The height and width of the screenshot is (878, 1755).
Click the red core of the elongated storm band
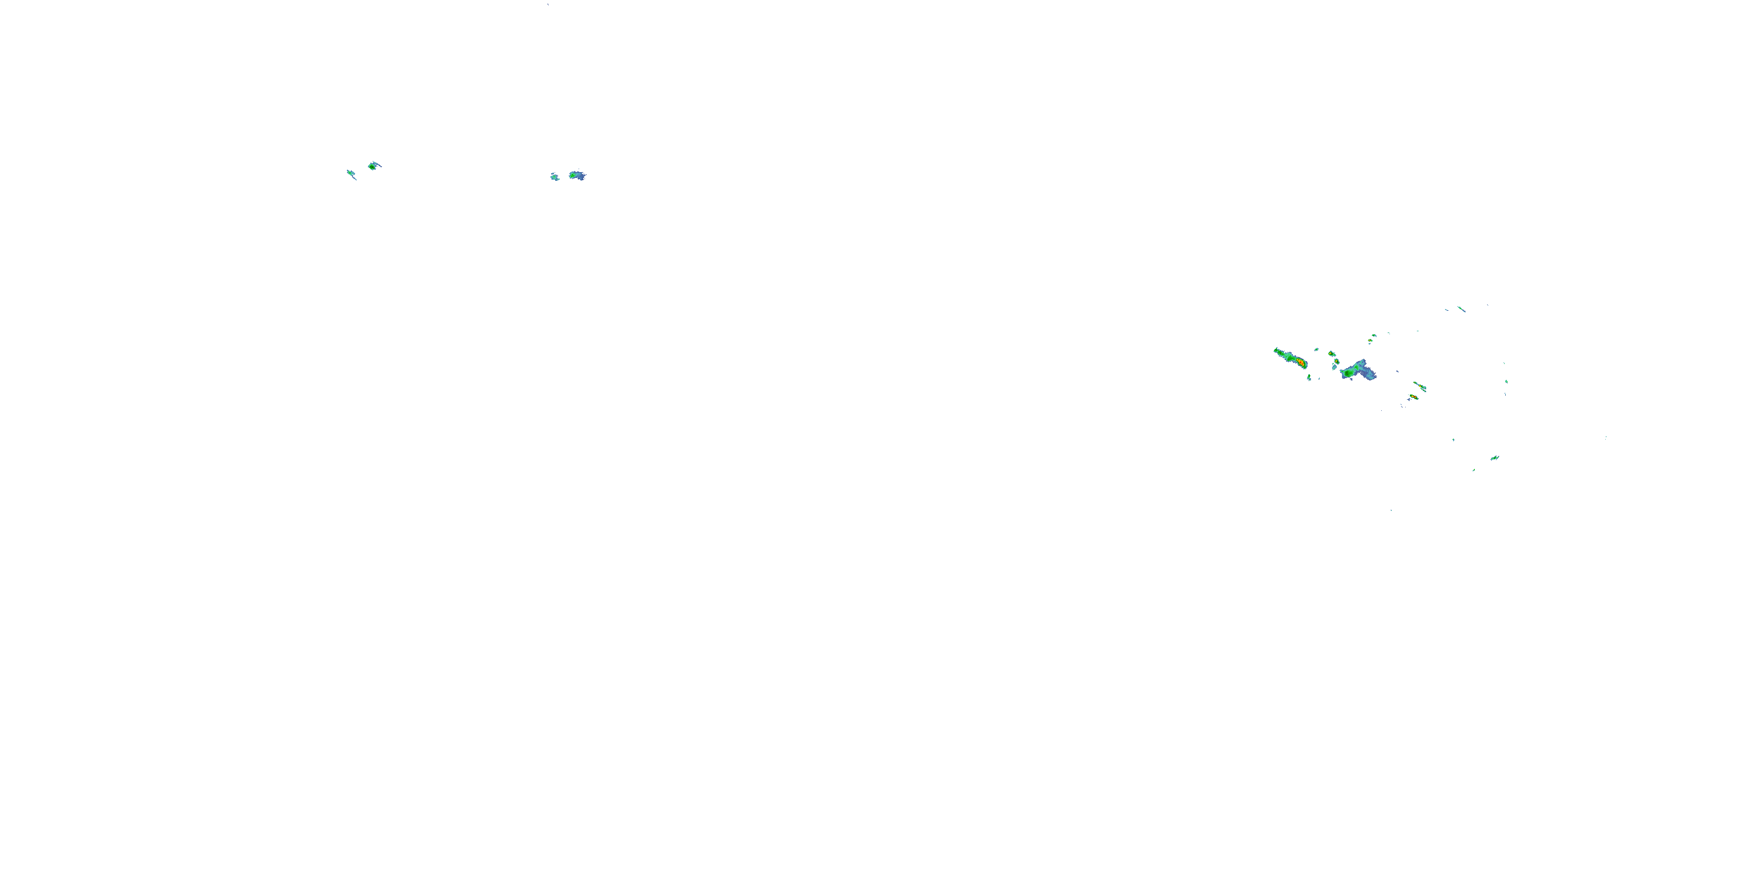[1300, 363]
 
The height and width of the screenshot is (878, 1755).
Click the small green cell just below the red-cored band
[1309, 377]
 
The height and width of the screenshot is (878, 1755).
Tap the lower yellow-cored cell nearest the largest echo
[1337, 361]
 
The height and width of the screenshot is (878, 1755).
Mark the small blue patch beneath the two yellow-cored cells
[1334, 368]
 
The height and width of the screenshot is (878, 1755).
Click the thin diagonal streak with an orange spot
[1419, 386]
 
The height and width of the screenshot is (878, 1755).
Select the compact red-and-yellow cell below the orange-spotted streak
[1414, 397]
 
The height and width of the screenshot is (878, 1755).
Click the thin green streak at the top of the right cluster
[1461, 310]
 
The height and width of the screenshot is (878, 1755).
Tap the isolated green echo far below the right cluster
[1494, 458]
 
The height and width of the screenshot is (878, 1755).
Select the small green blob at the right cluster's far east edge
[1506, 382]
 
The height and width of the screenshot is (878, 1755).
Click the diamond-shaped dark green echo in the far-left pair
[372, 166]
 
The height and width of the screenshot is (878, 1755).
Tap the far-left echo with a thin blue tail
[351, 174]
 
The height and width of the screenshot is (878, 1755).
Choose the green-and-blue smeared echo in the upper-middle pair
[577, 175]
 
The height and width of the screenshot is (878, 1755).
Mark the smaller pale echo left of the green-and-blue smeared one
[555, 177]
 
